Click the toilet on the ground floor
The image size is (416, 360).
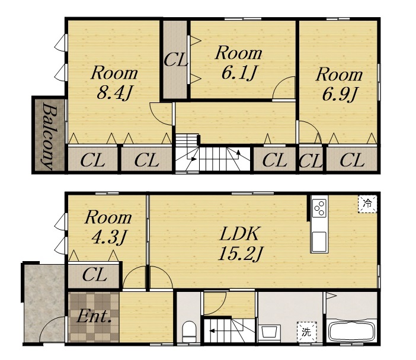(189, 332)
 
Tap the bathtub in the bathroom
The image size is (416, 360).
(352, 331)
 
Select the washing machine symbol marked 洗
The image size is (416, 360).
(306, 332)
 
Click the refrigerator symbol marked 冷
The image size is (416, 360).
(367, 204)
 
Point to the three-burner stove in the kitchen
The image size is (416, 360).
(319, 208)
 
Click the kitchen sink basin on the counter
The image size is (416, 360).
(319, 242)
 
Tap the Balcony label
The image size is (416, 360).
(49, 136)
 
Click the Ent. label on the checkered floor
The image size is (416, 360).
(94, 316)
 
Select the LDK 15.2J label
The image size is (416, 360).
(240, 243)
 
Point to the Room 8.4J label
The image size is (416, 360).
(114, 83)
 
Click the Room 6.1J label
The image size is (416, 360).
(238, 63)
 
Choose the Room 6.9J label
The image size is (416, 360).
(339, 84)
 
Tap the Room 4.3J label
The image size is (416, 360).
(108, 227)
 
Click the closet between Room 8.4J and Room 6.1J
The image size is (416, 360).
(175, 60)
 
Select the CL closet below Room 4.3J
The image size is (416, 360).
(94, 275)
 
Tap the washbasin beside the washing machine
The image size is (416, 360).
(269, 332)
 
